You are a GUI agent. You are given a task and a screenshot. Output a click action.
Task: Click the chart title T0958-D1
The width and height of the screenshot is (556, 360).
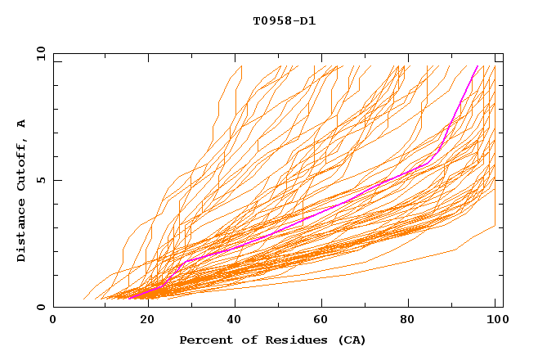pos(284,20)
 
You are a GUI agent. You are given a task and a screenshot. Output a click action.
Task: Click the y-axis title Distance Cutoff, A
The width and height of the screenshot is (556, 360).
pos(21,190)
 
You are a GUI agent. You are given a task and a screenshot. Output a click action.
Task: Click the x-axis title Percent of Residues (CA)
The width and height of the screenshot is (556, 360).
pos(272,340)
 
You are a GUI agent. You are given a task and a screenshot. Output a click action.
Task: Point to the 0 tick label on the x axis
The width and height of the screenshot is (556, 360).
pos(53,320)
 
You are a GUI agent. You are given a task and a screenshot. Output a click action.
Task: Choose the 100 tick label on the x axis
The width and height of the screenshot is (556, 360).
pos(495,320)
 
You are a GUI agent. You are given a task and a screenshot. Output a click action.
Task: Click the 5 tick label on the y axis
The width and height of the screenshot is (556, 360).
pos(43,180)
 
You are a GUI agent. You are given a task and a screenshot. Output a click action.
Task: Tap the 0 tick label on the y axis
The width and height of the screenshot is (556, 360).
pos(43,307)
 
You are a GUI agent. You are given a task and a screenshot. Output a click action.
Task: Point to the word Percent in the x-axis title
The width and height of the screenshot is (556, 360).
pos(204,340)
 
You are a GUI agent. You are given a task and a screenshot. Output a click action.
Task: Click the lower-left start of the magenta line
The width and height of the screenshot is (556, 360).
pos(129,298)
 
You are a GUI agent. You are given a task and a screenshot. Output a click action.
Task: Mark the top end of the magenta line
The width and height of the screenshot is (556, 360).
pos(478,65)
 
